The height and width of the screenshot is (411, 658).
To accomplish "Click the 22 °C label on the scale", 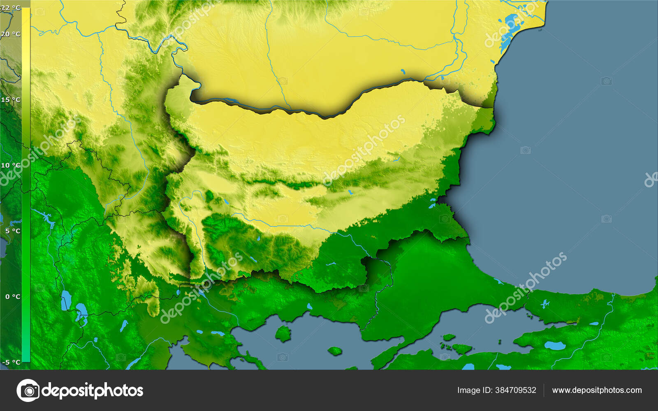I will coord(11,8).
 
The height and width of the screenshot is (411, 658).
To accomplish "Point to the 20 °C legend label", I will coord(11,34).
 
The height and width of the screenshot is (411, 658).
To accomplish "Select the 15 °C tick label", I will coord(11,100).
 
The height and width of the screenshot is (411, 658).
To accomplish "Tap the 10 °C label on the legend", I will coord(11,165).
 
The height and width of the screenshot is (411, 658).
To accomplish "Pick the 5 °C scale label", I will coord(13,231).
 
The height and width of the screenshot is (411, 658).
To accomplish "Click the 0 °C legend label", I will coord(13,296).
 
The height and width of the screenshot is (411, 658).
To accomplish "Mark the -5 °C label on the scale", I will coord(12,362).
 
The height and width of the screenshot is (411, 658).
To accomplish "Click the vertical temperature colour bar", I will coord(25,185).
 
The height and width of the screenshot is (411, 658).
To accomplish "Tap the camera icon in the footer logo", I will coord(28,390).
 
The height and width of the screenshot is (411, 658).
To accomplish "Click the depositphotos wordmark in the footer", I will coord(93,390).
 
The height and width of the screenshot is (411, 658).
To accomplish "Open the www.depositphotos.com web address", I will coord(597,390).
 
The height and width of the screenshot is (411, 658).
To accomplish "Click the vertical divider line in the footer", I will coord(544,390).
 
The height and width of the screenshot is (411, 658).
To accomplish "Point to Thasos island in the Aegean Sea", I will coord(283,333).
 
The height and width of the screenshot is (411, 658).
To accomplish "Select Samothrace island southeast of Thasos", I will coord(335,351).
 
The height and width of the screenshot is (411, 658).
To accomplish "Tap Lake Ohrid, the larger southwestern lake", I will coord(65,300).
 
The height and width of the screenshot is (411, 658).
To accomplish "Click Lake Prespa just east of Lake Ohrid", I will coord(81,309).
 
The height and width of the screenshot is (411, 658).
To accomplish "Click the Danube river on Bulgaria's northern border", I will coord(288,110).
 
